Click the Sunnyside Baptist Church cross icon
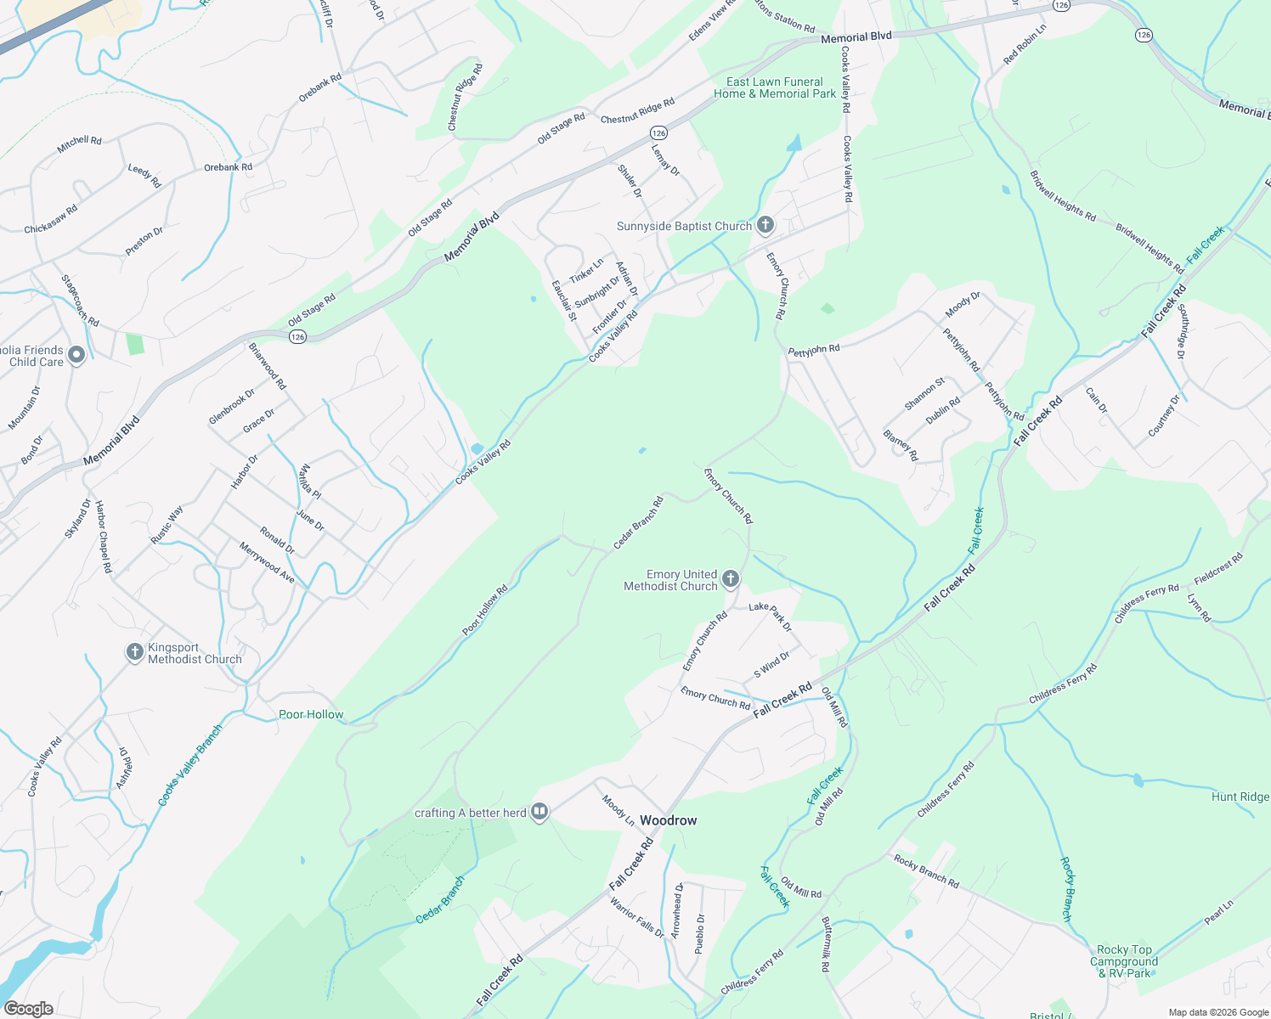[765, 225]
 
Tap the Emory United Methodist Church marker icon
[730, 580]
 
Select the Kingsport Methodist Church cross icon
[134, 652]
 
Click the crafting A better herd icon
[539, 813]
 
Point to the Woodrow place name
[668, 820]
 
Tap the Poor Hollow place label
[311, 714]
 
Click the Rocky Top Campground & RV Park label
[1124, 961]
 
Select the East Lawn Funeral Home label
[774, 87]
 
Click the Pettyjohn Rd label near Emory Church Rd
[814, 350]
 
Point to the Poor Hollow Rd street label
[485, 610]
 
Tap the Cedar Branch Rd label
[638, 522]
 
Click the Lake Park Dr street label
[771, 616]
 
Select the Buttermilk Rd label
[825, 943]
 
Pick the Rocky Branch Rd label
[926, 872]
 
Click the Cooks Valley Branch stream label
[190, 765]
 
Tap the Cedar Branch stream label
[440, 900]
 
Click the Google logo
[29, 1009]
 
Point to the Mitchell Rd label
[79, 145]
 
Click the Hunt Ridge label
[1240, 797]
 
